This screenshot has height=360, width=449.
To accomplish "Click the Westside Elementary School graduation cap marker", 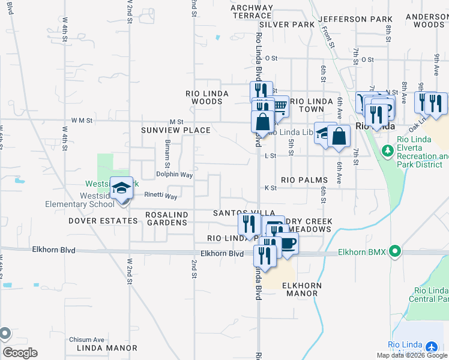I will (121, 189).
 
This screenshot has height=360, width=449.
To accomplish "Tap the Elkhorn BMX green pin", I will (394, 251).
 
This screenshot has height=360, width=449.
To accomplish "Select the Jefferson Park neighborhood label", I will (355, 19).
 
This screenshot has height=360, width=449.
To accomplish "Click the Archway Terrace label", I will (252, 12).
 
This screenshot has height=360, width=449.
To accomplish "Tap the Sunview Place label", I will (176, 130).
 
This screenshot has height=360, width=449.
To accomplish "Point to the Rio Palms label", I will (304, 180).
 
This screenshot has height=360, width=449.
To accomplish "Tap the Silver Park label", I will (287, 25).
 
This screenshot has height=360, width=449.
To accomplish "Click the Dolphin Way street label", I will (174, 175).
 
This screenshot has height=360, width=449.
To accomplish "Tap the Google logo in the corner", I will (20, 353).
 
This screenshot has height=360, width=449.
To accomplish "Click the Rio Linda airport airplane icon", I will (431, 347).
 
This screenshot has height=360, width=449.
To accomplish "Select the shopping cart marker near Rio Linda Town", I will (279, 106).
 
